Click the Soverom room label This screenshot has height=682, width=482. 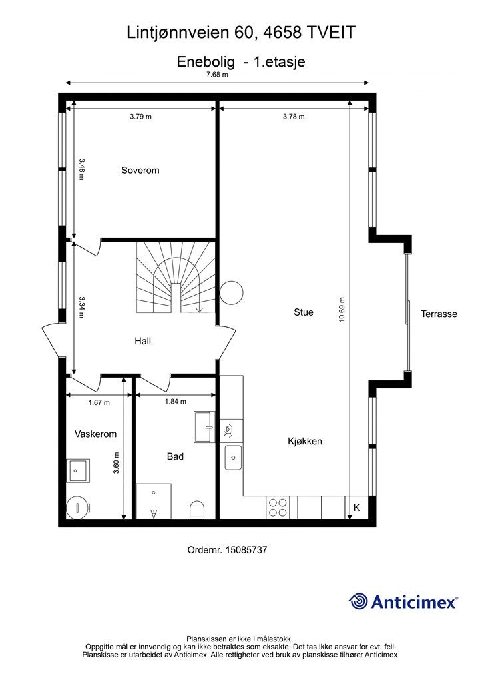coord(140,170)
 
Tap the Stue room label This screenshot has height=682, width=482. coord(304,312)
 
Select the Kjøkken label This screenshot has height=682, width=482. coord(305,441)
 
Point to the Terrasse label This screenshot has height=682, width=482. coord(439,314)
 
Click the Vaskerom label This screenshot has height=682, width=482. coord(96,434)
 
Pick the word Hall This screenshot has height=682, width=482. coord(142,341)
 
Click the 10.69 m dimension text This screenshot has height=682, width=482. coord(342,310)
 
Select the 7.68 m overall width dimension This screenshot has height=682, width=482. coord(217,74)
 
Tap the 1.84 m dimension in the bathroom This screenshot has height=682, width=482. coord(176,402)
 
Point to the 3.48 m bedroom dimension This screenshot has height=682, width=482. coord(82,169)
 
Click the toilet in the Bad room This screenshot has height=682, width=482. coord(197,510)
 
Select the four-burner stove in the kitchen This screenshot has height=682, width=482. coord(278,507)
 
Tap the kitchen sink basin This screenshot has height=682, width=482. coord(234,458)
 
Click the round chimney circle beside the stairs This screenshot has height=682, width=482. coord(231,293)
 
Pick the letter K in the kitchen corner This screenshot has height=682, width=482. coord(357,507)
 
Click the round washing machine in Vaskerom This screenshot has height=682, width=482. coord(79,507)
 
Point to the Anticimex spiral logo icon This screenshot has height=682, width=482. coord(358,602)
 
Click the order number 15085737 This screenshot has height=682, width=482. coord(246,549)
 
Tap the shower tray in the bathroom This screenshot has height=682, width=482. coord(154,501)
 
